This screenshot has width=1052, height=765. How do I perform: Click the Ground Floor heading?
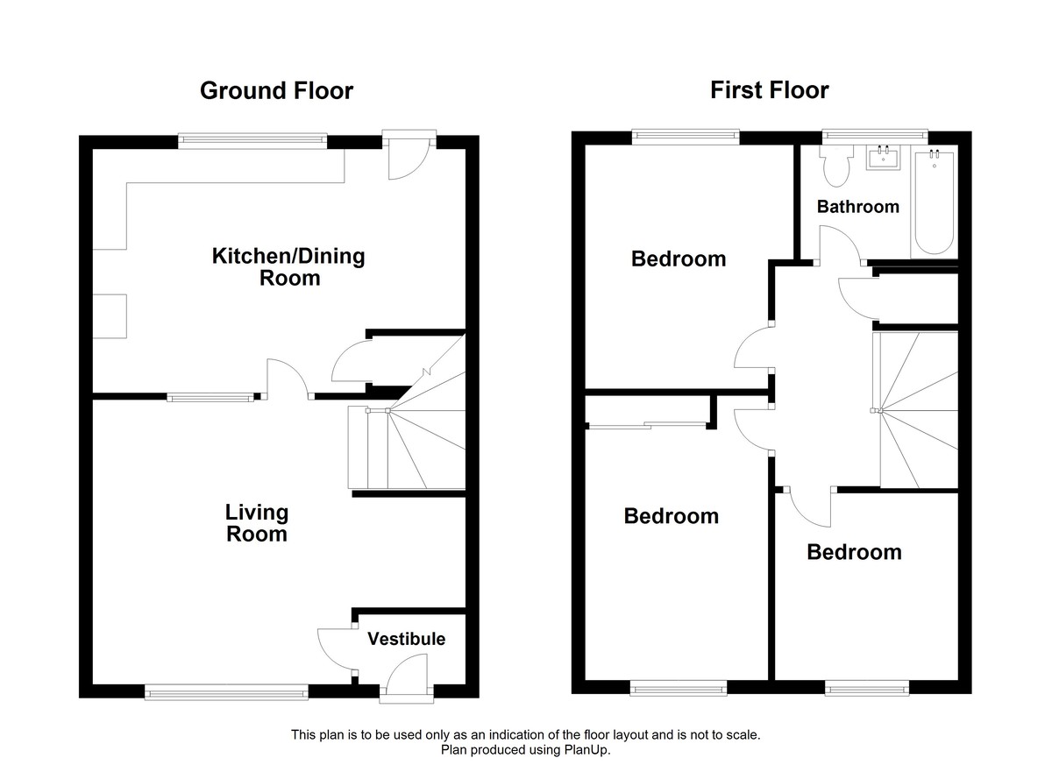(x=276, y=90)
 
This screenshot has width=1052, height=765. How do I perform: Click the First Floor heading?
(x=769, y=89)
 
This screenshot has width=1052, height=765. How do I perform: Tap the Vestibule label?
(x=406, y=639)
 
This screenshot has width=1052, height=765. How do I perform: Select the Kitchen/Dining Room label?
(x=288, y=267)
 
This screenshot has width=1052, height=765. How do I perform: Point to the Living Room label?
(x=256, y=522)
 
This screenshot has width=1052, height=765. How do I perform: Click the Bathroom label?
(x=857, y=207)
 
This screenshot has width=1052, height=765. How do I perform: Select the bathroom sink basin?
(x=883, y=159)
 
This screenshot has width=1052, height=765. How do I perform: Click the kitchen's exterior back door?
(x=409, y=156)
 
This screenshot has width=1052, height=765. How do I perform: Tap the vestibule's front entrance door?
(x=407, y=680)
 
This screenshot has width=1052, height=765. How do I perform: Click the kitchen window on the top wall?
(x=252, y=138)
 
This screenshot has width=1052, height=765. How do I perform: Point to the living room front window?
(x=227, y=692)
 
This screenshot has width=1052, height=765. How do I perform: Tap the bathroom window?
(x=874, y=134)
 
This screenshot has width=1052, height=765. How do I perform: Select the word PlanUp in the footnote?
(x=589, y=750)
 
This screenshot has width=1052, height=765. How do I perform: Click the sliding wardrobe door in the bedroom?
(x=647, y=426)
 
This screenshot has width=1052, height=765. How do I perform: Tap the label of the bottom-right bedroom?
(x=853, y=552)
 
